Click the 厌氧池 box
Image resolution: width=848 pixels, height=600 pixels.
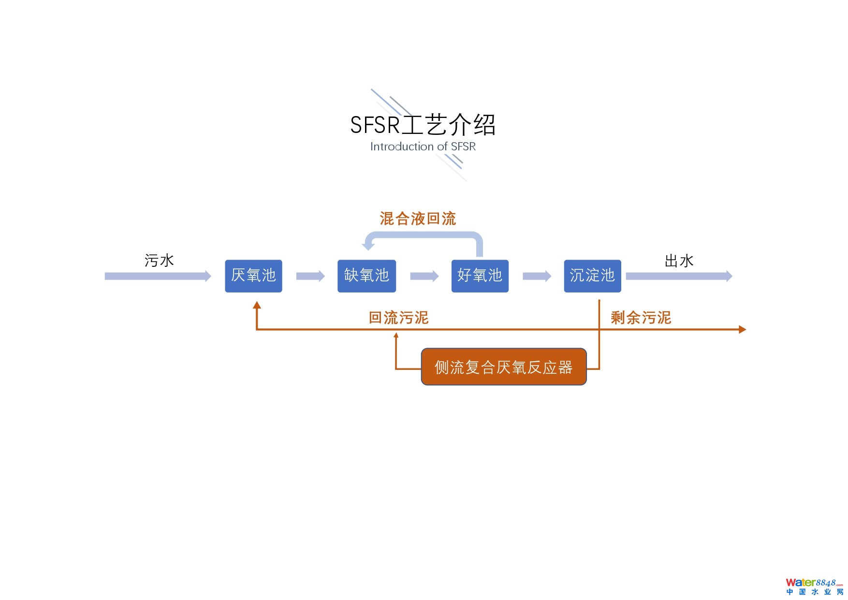253,276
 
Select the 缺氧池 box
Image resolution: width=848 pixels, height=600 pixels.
366,276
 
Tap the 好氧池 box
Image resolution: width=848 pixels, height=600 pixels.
480,276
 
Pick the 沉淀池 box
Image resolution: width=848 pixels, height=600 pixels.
592,276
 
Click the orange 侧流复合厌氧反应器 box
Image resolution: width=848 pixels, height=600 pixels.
504,367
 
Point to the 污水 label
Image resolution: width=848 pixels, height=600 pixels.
159,261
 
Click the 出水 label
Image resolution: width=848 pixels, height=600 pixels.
679,261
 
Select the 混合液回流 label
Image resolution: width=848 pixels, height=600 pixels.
418,219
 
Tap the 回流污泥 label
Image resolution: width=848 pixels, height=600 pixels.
399,318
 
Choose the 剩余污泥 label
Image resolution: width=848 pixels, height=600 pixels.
641,318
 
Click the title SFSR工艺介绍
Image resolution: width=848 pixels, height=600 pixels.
423,125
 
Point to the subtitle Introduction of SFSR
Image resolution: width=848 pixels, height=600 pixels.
423,146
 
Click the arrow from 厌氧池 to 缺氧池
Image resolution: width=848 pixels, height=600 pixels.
310,276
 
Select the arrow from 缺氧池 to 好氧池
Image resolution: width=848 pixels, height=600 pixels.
424,276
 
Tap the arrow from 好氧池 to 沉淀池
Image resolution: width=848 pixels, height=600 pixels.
537,276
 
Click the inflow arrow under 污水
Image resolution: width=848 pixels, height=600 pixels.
158,276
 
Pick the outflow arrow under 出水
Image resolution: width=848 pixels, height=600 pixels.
679,276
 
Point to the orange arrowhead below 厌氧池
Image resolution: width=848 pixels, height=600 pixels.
257,305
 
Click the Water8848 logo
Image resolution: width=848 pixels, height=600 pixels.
814,586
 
